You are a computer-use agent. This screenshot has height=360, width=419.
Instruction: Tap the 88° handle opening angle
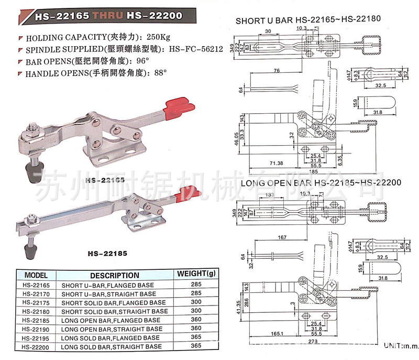click(x=160, y=73)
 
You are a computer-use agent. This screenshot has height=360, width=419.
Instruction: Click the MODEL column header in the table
click(x=36, y=275)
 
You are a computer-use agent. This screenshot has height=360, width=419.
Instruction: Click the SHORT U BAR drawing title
click(x=312, y=21)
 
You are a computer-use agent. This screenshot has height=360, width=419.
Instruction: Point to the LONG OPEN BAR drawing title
click(x=321, y=183)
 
